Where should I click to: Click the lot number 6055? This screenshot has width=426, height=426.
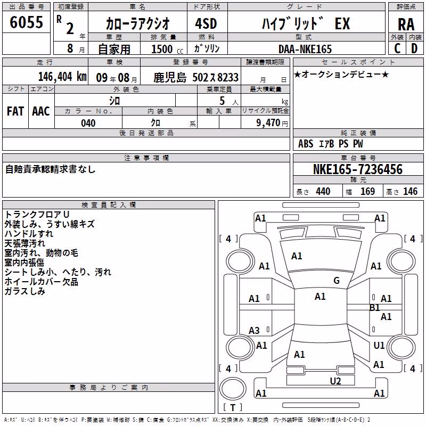tap(26, 22)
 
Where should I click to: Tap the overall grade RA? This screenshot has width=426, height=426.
tap(406, 24)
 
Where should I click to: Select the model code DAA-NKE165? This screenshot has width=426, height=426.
tap(305, 49)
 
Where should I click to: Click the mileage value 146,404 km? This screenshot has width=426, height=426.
tap(62, 77)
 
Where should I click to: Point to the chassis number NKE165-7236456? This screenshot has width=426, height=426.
tap(358, 169)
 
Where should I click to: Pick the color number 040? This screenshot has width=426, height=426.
tap(88, 123)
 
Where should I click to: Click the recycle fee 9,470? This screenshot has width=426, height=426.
tap(268, 123)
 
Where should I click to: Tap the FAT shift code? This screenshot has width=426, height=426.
tap(15, 111)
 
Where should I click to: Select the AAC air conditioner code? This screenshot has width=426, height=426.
tap(41, 111)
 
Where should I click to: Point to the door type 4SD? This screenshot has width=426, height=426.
tap(206, 23)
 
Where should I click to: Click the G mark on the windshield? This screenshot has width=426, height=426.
tap(337, 281)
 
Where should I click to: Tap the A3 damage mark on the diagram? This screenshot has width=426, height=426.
tap(254, 331)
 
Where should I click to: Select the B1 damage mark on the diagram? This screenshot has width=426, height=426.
tap(375, 308)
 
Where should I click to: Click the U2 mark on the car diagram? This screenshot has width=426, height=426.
tap(335, 381)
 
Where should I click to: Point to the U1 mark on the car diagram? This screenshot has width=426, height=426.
tap(379, 345)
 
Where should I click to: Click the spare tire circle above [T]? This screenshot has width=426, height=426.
tap(233, 389)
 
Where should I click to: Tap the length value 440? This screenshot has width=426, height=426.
tap(323, 192)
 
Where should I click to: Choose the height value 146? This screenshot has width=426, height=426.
tap(410, 192)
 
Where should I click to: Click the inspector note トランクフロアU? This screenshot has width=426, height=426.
tap(37, 215)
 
